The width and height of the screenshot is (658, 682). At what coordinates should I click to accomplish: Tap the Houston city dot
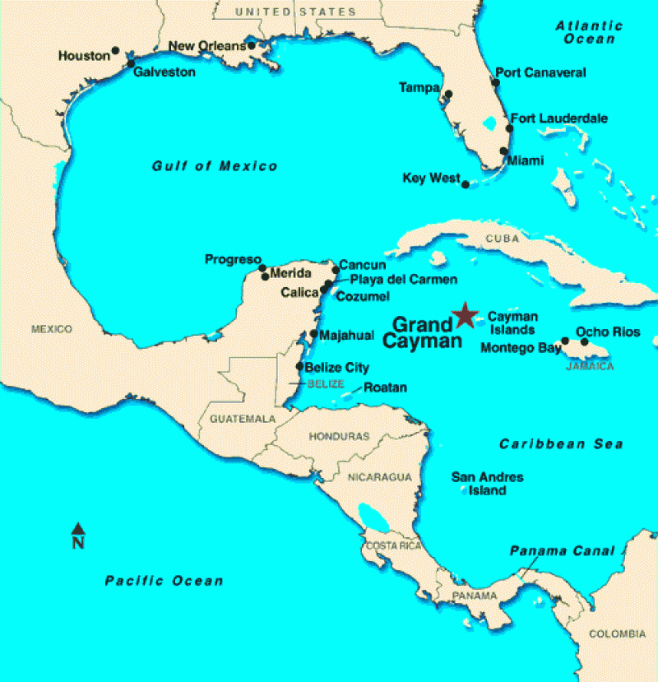(115, 50)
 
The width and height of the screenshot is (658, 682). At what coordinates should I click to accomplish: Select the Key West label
(431, 178)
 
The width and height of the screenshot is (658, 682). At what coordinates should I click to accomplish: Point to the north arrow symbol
(78, 529)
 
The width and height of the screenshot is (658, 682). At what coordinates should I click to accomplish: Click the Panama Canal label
(562, 550)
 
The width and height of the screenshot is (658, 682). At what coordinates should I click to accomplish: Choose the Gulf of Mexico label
(215, 166)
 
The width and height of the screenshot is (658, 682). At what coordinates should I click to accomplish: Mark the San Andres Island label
(488, 484)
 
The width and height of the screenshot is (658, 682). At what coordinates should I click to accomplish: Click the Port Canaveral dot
(496, 82)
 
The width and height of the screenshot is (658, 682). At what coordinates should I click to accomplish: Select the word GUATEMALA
(243, 419)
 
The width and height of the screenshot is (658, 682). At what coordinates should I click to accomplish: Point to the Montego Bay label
(521, 347)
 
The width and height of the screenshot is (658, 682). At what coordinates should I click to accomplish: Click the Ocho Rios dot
(585, 341)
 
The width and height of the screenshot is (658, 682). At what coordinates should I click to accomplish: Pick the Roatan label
(385, 387)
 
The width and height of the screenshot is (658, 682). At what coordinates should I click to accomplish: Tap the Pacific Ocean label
(164, 581)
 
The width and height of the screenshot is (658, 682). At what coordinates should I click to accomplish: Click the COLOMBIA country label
(617, 633)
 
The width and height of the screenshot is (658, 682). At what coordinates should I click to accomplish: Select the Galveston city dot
(131, 63)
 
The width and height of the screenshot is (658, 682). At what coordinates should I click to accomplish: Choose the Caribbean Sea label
(561, 444)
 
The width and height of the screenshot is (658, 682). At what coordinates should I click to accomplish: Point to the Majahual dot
(314, 333)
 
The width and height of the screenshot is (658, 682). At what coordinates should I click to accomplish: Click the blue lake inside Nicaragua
(369, 517)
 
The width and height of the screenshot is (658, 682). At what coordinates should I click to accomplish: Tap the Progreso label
(233, 260)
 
